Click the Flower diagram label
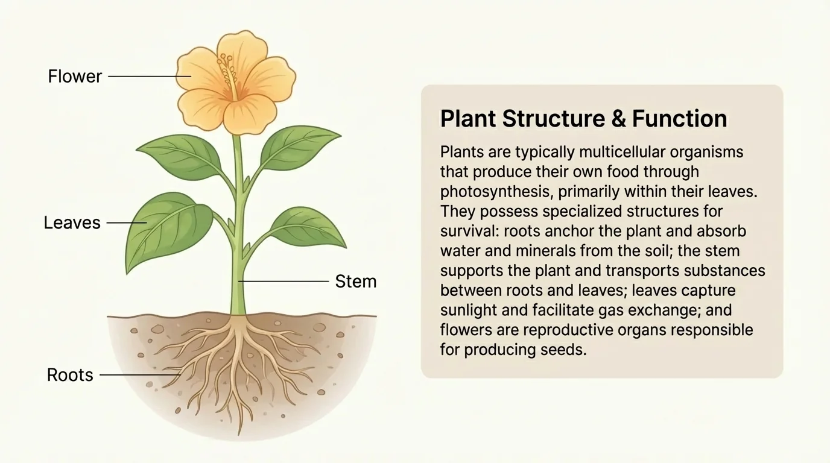[x=75, y=77]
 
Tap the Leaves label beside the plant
[x=72, y=222]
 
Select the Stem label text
[x=355, y=282]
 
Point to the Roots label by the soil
[x=70, y=375]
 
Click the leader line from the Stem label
[x=284, y=282]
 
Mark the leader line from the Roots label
[x=140, y=375]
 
